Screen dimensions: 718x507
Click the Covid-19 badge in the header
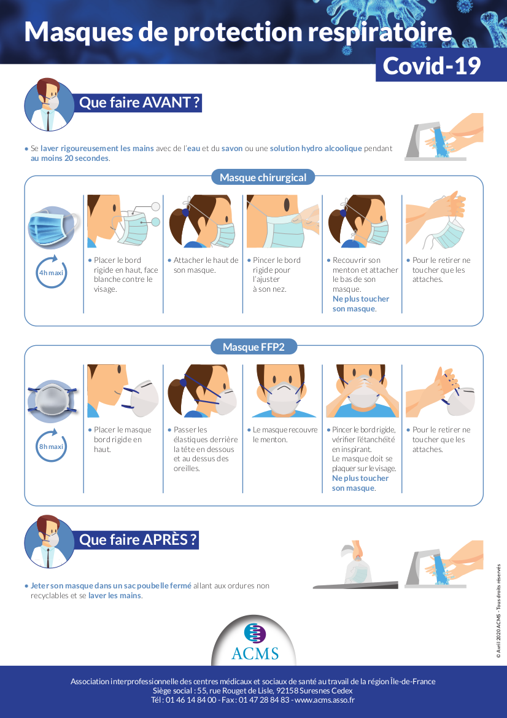(432, 65)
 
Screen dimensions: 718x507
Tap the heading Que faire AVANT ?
(139, 103)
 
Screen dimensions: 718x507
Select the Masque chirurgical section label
(263, 178)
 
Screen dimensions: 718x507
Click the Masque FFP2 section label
(253, 347)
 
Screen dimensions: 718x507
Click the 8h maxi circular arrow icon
(51, 447)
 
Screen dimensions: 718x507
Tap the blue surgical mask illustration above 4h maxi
(52, 227)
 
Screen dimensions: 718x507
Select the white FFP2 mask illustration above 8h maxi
(52, 400)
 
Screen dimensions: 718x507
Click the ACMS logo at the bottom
(255, 642)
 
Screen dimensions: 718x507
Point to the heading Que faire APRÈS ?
(138, 540)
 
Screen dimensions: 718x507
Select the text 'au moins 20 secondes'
(69, 158)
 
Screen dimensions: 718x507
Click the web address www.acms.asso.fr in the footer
(324, 700)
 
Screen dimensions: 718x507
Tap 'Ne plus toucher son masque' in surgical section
(361, 303)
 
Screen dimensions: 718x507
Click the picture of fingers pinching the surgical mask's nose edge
(283, 222)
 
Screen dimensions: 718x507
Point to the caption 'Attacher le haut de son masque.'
(205, 265)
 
